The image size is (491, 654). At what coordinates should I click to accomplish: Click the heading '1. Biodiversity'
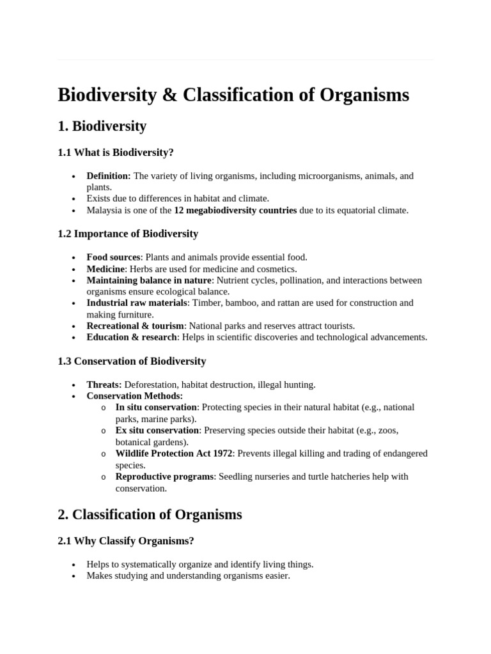pos(102,126)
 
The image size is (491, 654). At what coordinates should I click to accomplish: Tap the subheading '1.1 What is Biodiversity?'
pos(116,153)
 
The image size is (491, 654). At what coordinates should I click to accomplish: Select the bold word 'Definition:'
pos(109,176)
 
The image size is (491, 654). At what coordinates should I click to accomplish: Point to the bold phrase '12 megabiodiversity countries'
pos(235,210)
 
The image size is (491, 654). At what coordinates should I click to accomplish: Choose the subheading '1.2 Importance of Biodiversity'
pos(128,234)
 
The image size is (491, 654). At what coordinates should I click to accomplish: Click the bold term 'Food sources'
pos(113,257)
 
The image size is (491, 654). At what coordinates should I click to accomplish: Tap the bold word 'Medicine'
pos(105,269)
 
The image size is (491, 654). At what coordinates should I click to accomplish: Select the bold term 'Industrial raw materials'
pos(136,303)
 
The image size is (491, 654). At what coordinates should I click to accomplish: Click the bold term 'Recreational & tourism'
pos(135,326)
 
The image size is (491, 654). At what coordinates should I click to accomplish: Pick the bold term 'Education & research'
pos(132,337)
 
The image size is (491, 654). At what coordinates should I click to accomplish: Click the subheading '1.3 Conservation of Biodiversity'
pos(132,361)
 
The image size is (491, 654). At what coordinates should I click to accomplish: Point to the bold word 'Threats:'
pos(104,384)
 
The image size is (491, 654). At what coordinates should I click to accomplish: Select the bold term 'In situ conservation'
pos(156,407)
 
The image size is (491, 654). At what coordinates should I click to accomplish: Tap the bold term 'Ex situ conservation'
pos(157,430)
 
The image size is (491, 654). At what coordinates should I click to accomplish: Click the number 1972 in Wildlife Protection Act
pos(222,453)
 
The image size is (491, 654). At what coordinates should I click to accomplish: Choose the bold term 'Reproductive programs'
pos(164,476)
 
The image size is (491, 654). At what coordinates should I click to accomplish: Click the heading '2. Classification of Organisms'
pos(150,514)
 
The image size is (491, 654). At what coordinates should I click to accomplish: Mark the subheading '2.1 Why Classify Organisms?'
pos(125,541)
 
